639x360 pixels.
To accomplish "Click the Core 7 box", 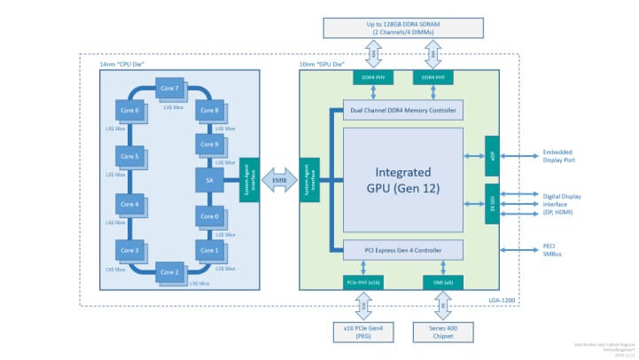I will pyautogui.click(x=168, y=89).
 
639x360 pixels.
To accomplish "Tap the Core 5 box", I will pyautogui.click(x=129, y=156).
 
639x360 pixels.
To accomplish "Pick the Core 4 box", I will pyautogui.click(x=129, y=204).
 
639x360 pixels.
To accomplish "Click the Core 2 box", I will pyautogui.click(x=168, y=270).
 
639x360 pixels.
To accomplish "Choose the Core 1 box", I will pyautogui.click(x=208, y=250).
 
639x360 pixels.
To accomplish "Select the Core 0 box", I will pyautogui.click(x=208, y=215).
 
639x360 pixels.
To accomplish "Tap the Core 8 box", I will pyautogui.click(x=208, y=110).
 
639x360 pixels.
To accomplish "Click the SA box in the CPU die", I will pyautogui.click(x=208, y=180).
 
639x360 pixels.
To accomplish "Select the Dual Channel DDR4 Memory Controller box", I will pyautogui.click(x=403, y=111).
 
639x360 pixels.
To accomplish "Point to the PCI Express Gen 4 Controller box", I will pyautogui.click(x=403, y=250).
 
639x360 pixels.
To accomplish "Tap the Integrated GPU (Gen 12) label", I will pyautogui.click(x=403, y=179).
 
